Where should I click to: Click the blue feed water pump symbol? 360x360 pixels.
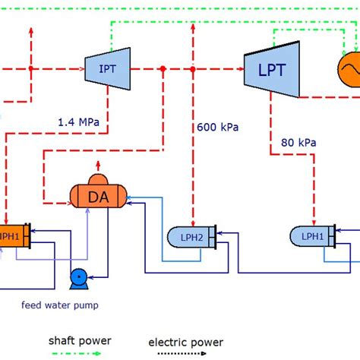pos(77,278)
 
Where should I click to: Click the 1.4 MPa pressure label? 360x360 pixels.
pos(78,121)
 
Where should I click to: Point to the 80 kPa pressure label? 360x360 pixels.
pos(298,142)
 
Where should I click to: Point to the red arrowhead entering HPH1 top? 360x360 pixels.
pos(5,219)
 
